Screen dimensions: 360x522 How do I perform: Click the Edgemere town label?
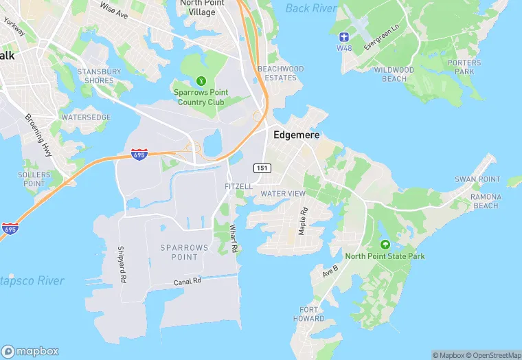pyautogui.click(x=297, y=135)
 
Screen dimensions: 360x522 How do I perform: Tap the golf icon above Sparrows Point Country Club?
pyautogui.click(x=201, y=80)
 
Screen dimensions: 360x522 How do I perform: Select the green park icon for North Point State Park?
pyautogui.click(x=385, y=245)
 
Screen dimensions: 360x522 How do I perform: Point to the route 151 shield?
pyautogui.click(x=261, y=168)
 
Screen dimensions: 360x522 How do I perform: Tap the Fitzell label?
pyautogui.click(x=238, y=187)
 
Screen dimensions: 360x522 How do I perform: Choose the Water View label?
pyautogui.click(x=283, y=194)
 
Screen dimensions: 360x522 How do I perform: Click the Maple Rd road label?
pyautogui.click(x=302, y=222)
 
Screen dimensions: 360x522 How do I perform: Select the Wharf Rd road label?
pyautogui.click(x=234, y=238)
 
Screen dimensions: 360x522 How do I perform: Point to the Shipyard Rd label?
pyautogui.click(x=122, y=265)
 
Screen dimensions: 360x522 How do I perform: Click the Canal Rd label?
pyautogui.click(x=187, y=282)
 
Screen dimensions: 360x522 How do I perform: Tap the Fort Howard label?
pyautogui.click(x=308, y=314)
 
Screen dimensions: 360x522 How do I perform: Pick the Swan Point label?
pyautogui.click(x=477, y=179)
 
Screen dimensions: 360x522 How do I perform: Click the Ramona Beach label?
pyautogui.click(x=486, y=201)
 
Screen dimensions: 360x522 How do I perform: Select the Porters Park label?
pyautogui.click(x=464, y=67)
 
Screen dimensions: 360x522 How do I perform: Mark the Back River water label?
pyautogui.click(x=311, y=8)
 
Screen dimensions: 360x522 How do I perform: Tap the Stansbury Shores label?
pyautogui.click(x=99, y=76)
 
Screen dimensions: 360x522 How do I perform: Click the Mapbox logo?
pyautogui.click(x=30, y=351)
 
